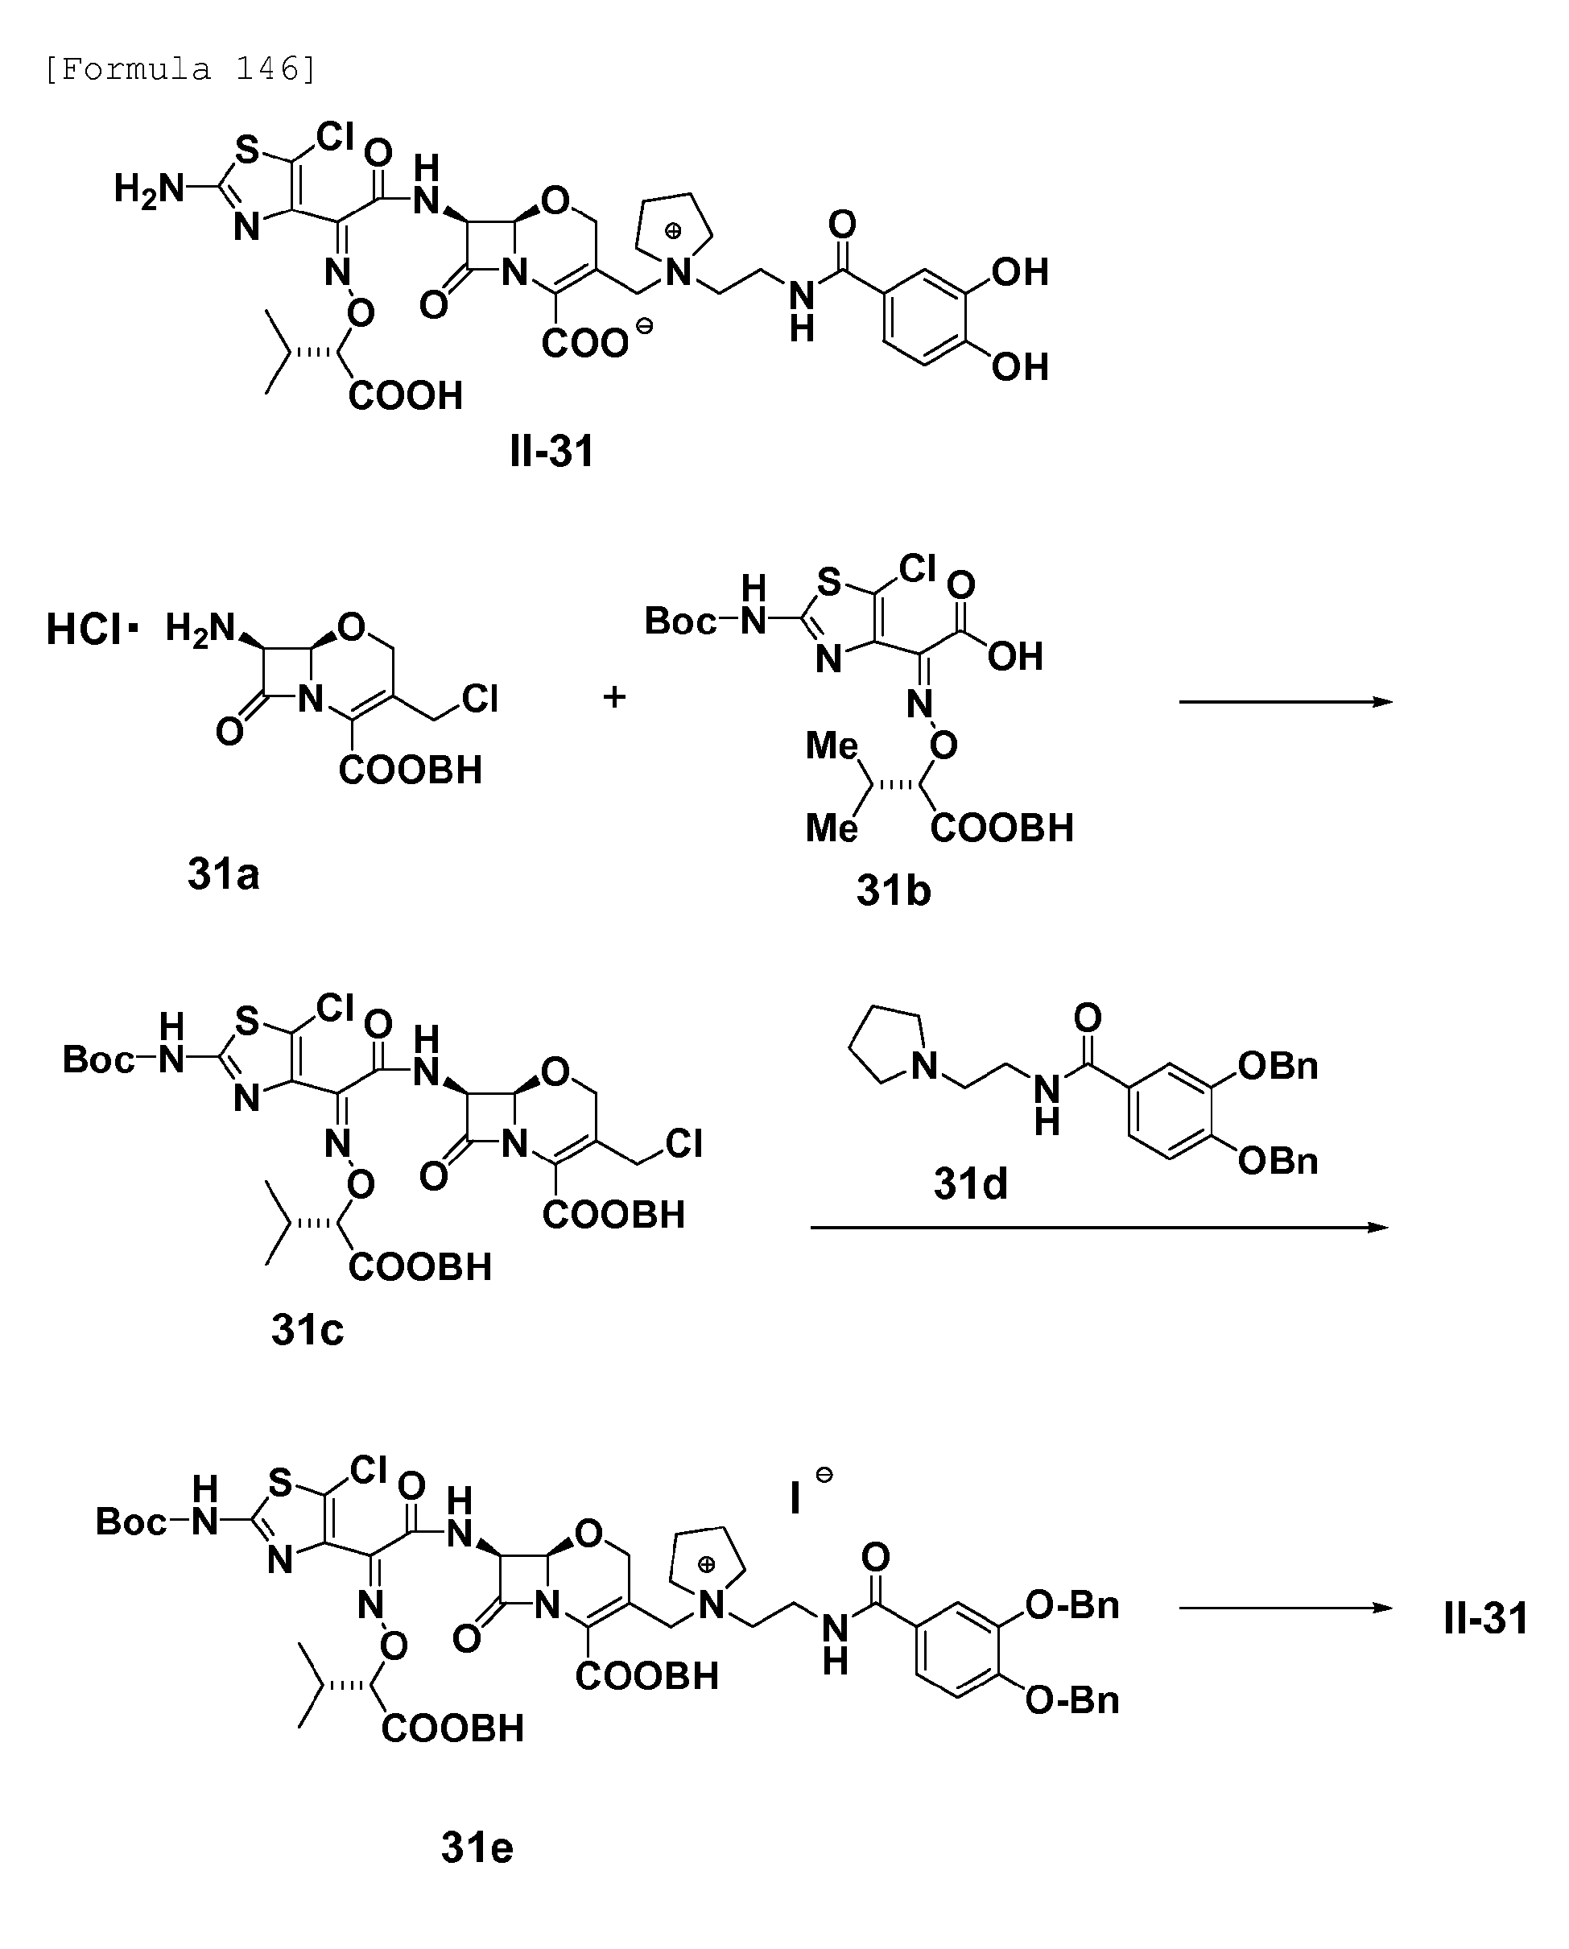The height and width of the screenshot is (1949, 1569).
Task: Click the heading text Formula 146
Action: coord(181,69)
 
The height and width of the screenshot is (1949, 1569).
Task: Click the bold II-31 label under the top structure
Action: coord(551,450)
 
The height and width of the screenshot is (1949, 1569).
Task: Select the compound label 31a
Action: coord(223,874)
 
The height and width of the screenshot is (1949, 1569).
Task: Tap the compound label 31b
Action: coord(893,890)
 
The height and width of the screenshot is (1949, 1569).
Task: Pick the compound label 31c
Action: coord(308,1330)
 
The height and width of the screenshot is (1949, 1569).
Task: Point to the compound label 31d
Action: coord(970,1183)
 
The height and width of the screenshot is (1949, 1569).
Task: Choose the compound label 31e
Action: coord(477,1848)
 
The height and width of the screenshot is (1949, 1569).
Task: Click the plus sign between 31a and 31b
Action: coord(614,696)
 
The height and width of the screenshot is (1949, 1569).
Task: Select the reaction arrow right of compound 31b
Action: coord(1286,701)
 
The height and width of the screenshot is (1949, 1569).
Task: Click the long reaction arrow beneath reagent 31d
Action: coord(1100,1227)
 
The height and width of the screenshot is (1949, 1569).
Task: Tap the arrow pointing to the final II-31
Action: coord(1286,1608)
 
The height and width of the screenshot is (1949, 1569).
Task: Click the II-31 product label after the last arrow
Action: coord(1486,1618)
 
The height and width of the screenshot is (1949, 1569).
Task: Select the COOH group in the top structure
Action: coord(406,395)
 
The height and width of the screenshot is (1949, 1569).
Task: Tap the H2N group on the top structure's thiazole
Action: coord(148,190)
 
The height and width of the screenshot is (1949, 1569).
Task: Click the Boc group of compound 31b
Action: coord(679,621)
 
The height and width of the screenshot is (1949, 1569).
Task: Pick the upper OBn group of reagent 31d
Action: coord(1278,1067)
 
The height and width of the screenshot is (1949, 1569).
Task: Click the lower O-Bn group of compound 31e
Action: coord(1072,1700)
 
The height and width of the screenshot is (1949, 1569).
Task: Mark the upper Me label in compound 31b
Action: coord(832,747)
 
